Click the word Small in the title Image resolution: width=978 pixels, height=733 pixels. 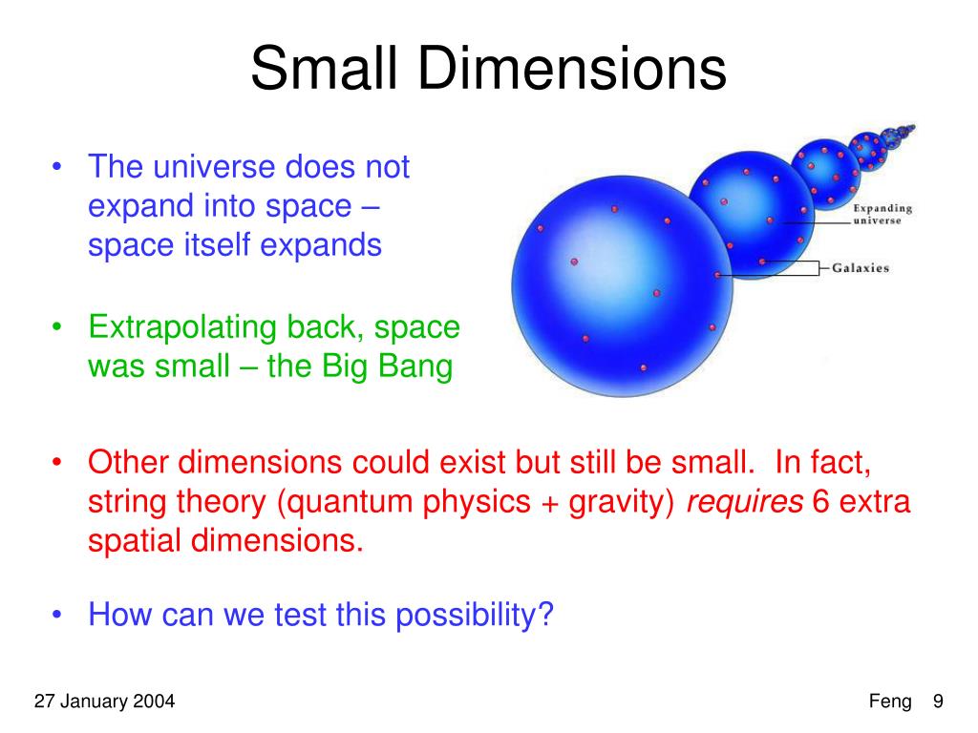click(x=324, y=68)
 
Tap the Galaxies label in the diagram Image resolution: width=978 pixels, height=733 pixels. click(x=861, y=268)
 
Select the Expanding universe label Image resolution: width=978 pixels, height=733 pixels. click(x=882, y=214)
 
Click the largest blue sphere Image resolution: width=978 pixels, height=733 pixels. click(x=622, y=286)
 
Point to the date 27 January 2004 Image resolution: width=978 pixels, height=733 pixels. click(x=104, y=702)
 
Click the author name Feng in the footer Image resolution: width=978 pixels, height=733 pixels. click(x=890, y=702)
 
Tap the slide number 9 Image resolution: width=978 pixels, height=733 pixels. click(x=938, y=702)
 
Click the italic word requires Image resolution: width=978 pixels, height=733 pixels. click(x=745, y=502)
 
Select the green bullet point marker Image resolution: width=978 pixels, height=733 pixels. click(x=57, y=326)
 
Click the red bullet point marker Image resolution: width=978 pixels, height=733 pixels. click(x=57, y=462)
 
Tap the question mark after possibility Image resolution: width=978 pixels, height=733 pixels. click(x=545, y=614)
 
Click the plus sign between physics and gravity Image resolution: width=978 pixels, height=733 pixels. click(x=549, y=504)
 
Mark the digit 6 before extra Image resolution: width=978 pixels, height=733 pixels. click(x=820, y=502)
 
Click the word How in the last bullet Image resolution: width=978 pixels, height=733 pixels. click(x=120, y=614)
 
